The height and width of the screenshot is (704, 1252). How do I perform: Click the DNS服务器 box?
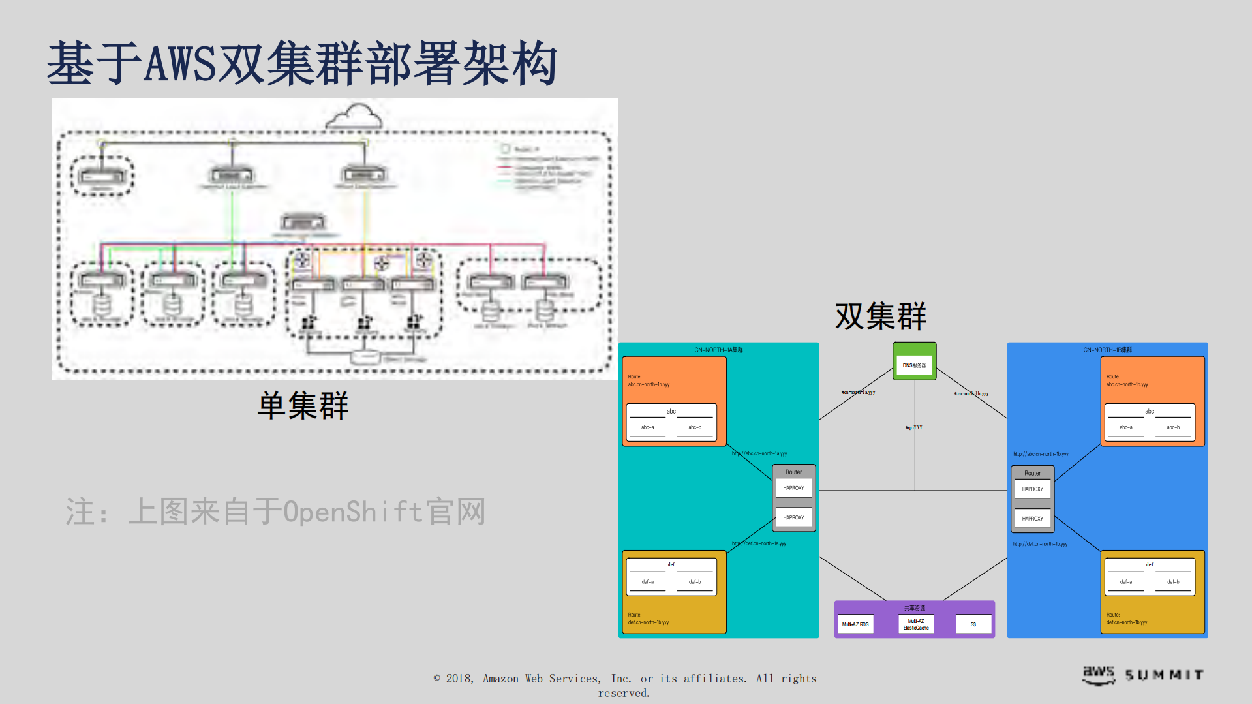[914, 365]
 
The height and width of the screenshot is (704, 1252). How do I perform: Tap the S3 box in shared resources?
[973, 624]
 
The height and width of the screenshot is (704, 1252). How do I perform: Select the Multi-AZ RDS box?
[855, 624]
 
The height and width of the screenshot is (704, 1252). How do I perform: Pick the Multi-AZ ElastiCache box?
[915, 624]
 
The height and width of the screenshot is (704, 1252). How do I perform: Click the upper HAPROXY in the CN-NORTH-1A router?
[793, 488]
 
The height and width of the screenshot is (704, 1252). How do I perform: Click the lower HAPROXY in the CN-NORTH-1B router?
[1032, 519]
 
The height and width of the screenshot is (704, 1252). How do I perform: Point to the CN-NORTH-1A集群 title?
[718, 350]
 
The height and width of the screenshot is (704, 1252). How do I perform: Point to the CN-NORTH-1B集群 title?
[1107, 350]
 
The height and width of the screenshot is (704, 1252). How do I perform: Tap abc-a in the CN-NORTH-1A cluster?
[647, 427]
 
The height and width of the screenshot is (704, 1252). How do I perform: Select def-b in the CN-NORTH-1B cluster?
[1173, 581]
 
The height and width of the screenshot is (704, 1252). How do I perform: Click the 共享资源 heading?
[914, 607]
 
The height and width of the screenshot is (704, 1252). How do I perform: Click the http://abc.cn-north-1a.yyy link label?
[759, 453]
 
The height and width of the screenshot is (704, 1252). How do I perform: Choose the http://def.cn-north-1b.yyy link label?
[1040, 544]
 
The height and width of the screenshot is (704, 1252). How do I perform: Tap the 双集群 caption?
[880, 316]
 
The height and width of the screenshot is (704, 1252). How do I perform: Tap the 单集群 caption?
[303, 405]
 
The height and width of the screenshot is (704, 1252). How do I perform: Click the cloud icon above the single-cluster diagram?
[354, 117]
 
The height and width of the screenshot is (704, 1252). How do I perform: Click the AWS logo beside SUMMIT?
[1099, 674]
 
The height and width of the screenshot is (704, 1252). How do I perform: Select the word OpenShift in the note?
[353, 512]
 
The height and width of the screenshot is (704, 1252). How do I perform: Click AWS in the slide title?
[179, 63]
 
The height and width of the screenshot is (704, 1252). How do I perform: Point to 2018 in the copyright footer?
[459, 679]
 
